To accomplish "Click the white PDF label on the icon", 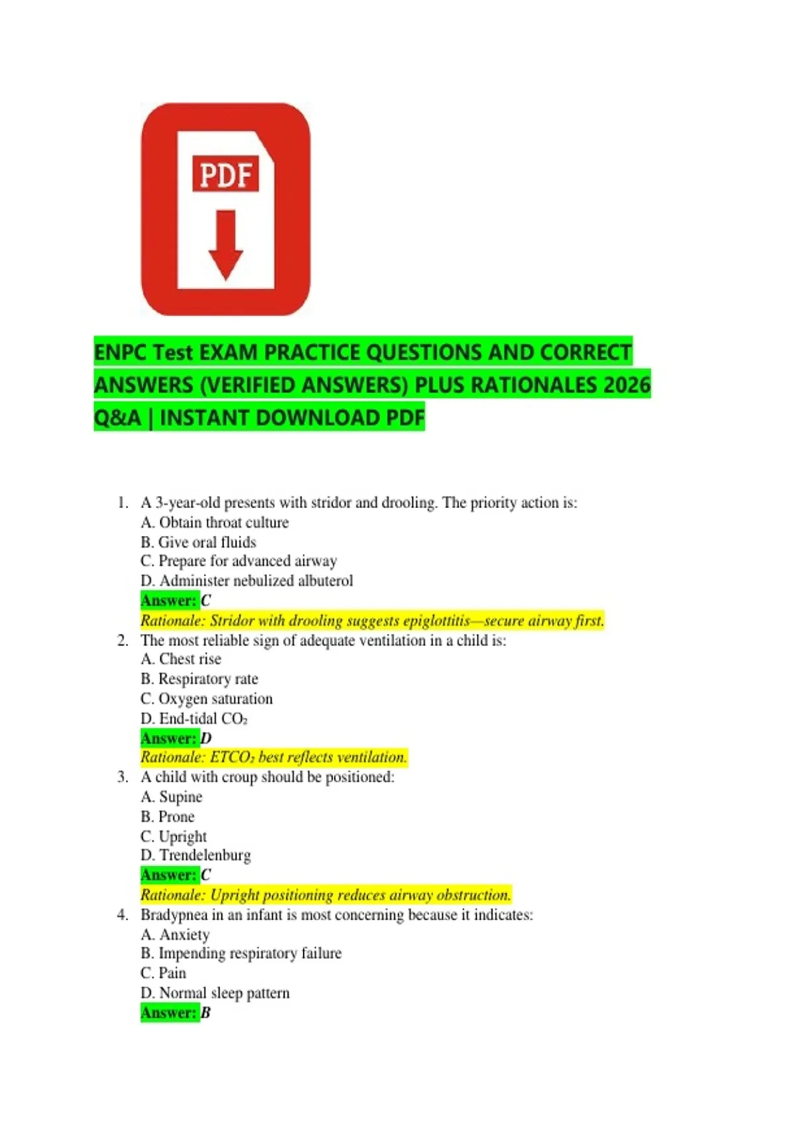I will click(225, 174).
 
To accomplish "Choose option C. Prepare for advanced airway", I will click(238, 561).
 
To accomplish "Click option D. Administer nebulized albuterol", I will click(246, 581).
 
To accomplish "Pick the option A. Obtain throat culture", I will click(215, 523).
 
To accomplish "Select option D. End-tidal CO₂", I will click(194, 719).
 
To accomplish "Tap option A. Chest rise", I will click(181, 659).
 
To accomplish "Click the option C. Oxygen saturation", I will click(206, 699).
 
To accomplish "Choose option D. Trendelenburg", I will click(195, 855).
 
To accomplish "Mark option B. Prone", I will click(168, 817).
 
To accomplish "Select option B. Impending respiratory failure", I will click(241, 953).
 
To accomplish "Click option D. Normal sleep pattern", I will click(215, 993).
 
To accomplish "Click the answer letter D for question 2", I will click(206, 739).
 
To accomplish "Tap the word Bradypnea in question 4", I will click(173, 915).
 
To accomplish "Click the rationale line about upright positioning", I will click(325, 895).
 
